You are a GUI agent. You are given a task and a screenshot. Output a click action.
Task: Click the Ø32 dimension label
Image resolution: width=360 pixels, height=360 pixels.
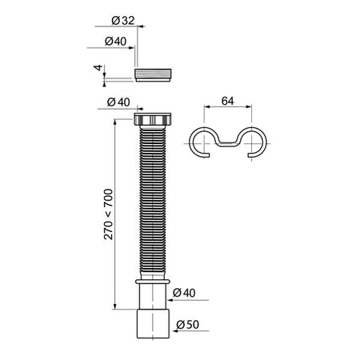click(x=123, y=21)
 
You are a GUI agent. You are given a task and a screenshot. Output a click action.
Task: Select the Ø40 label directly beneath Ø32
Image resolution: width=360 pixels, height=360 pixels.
click(x=115, y=42)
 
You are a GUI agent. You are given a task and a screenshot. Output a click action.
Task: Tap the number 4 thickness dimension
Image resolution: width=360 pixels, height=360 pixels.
click(x=98, y=67)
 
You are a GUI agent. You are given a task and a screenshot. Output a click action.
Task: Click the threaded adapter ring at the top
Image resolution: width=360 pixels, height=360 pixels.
click(x=153, y=75)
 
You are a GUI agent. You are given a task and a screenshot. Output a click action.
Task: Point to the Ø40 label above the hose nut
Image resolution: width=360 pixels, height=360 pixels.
click(x=118, y=102)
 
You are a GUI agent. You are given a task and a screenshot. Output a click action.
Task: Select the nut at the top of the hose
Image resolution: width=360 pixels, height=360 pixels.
click(x=152, y=119)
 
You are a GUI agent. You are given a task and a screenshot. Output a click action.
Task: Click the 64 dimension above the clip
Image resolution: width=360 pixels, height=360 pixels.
click(x=228, y=101)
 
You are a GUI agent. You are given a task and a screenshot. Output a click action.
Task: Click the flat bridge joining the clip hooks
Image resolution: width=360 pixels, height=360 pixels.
click(x=227, y=144)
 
